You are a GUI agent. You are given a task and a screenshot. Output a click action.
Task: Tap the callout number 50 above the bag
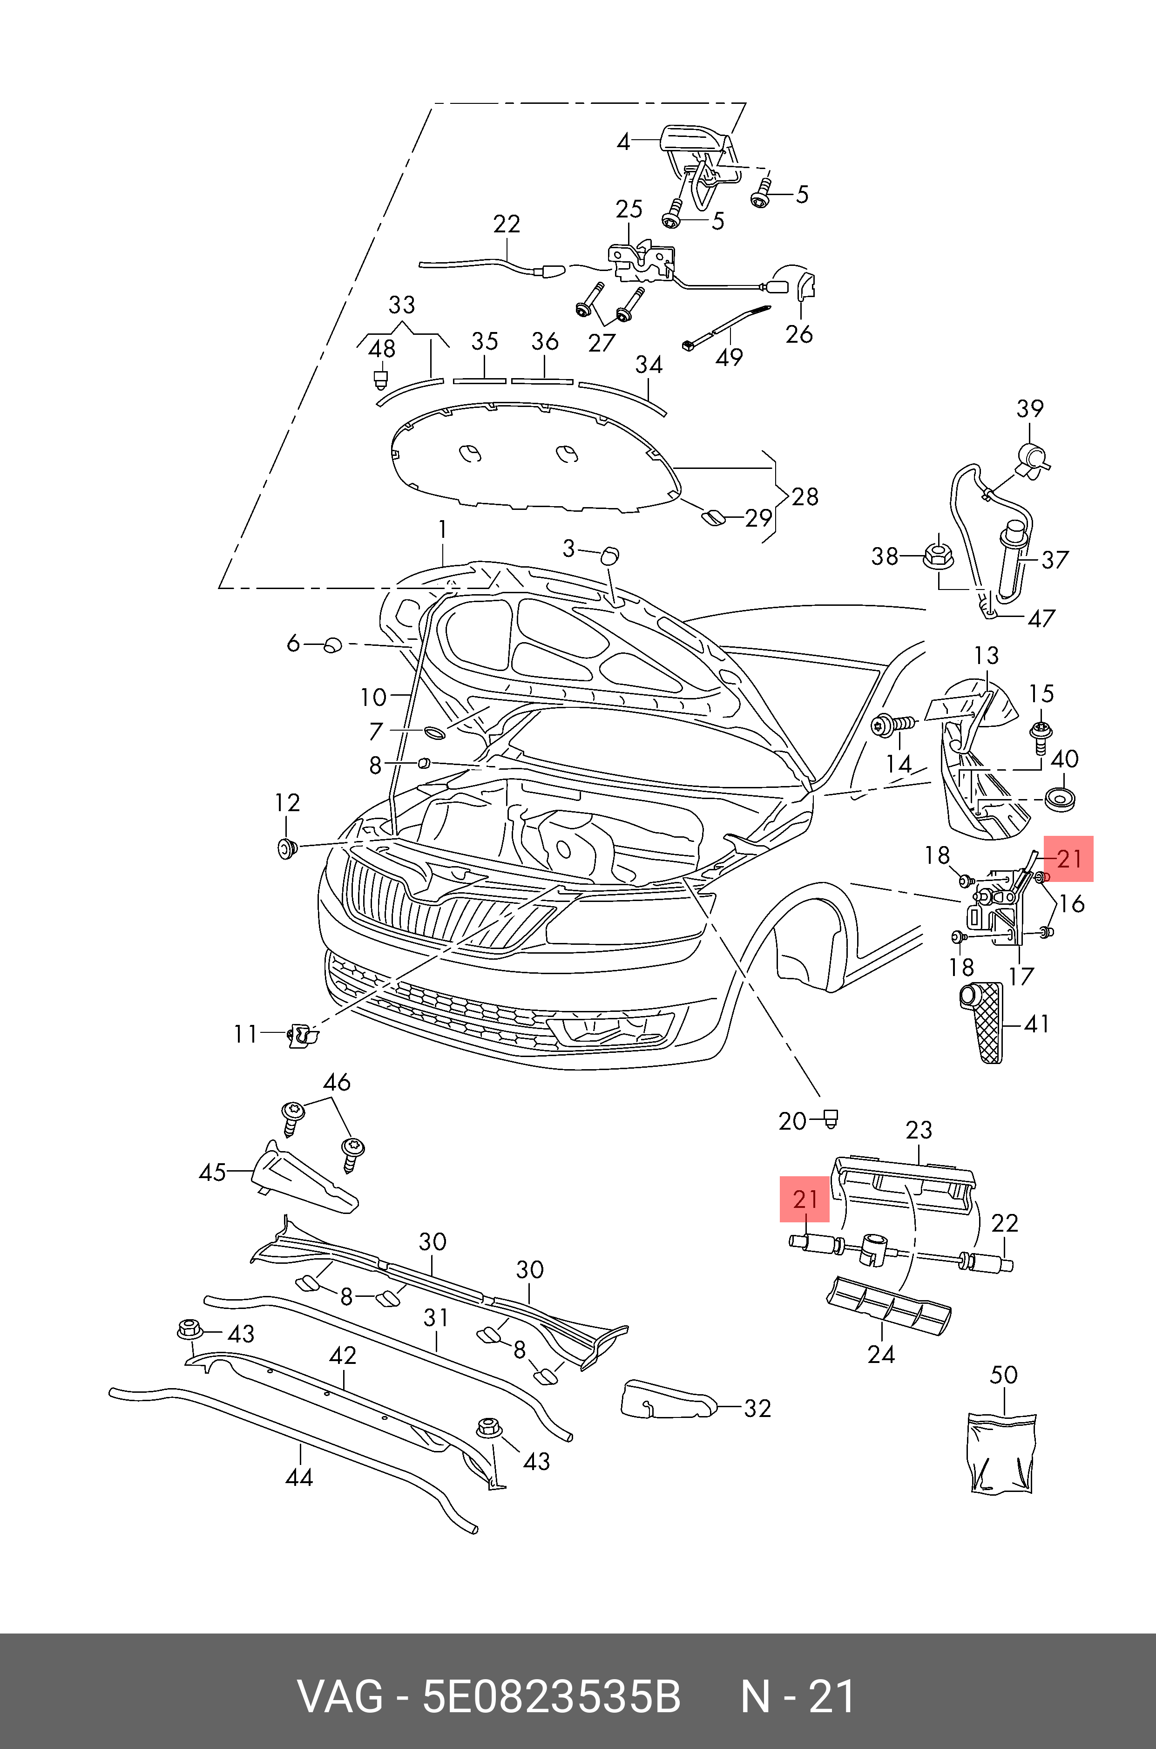pos(1003,1375)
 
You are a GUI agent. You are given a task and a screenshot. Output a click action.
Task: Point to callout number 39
pos(1030,408)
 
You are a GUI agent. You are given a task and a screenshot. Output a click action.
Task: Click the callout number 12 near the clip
pos(288,803)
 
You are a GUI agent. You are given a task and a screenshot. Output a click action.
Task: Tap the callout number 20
pos(792,1121)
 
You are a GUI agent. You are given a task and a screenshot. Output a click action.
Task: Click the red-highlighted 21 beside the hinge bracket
pos(1069,858)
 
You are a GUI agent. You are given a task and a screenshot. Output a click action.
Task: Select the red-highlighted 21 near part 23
pos(805,1199)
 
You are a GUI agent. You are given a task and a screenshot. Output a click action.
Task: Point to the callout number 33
pos(402,305)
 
